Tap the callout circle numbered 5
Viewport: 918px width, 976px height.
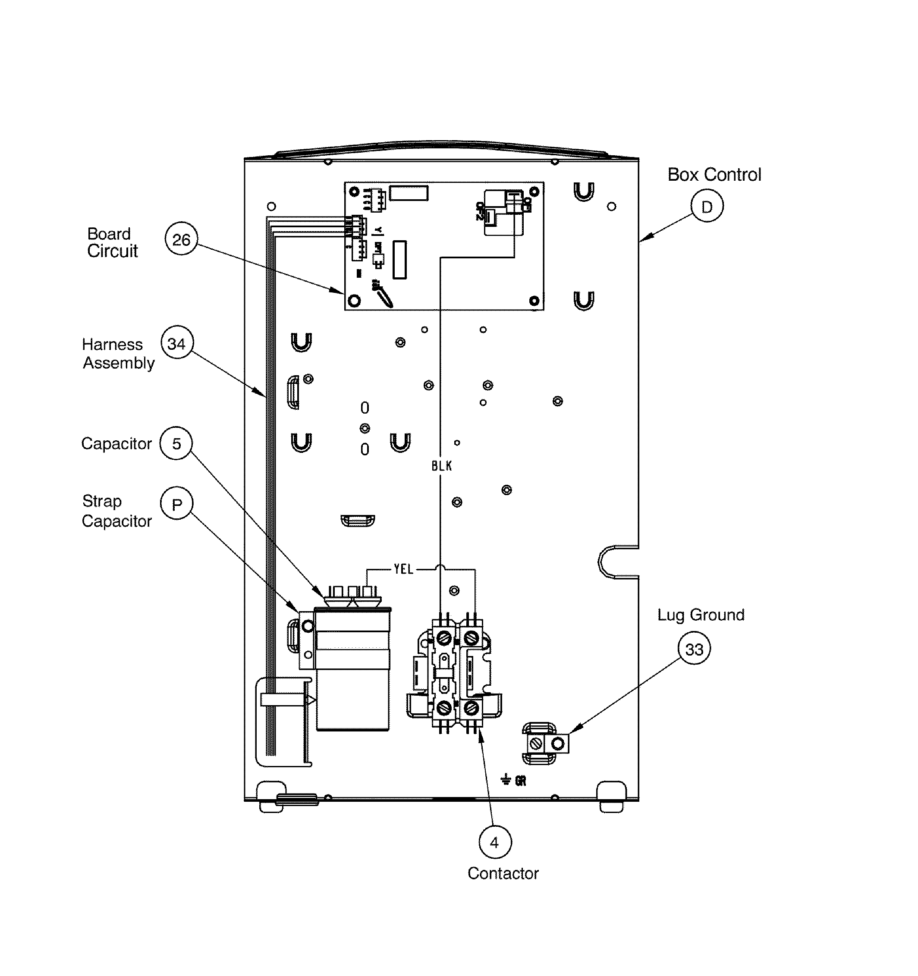tap(176, 443)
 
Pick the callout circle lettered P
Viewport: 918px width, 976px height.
tap(176, 504)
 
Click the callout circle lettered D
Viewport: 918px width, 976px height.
tap(706, 206)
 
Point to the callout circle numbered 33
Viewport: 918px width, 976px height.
tap(694, 649)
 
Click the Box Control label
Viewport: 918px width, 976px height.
tap(714, 175)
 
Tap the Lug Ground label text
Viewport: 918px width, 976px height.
tap(701, 615)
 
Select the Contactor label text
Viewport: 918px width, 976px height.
tap(503, 873)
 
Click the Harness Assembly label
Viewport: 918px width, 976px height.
tap(118, 354)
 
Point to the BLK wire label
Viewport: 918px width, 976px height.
tap(442, 466)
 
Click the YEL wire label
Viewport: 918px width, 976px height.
tap(403, 569)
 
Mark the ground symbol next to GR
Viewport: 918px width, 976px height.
tap(506, 779)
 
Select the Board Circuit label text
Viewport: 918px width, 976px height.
tap(112, 242)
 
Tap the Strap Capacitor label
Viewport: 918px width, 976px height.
tap(116, 511)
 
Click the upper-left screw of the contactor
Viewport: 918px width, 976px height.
tap(444, 638)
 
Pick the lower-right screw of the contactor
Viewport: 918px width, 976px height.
tap(471, 707)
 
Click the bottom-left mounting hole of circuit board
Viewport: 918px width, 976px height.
tap(354, 300)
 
